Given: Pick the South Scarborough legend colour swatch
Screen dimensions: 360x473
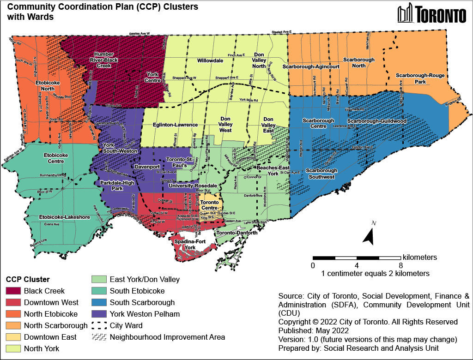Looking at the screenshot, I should pyautogui.click(x=98, y=302).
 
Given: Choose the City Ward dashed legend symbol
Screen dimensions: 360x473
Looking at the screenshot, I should pyautogui.click(x=98, y=325).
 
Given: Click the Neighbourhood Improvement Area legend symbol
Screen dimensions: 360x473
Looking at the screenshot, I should pyautogui.click(x=98, y=337).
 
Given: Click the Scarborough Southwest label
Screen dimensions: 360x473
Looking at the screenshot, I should pyautogui.click(x=321, y=174).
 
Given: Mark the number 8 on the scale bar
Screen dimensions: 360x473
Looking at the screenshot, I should pyautogui.click(x=400, y=265).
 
